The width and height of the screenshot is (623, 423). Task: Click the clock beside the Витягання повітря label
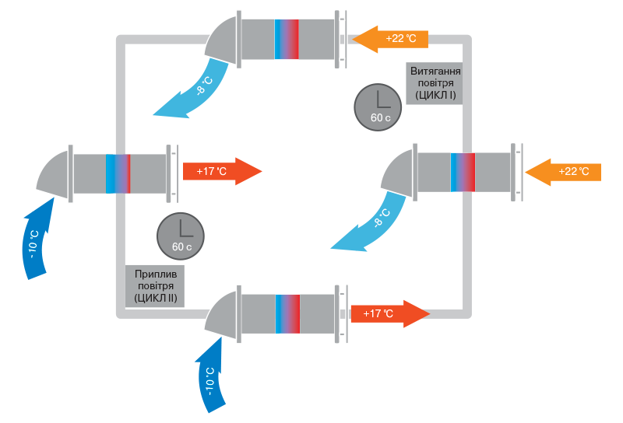(x=378, y=107)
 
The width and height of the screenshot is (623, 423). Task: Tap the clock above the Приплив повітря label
(x=181, y=236)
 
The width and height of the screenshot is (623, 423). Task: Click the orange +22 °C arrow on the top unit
(x=389, y=37)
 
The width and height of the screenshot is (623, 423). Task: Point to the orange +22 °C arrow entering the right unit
(x=562, y=170)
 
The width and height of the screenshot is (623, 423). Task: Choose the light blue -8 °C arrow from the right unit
(x=370, y=225)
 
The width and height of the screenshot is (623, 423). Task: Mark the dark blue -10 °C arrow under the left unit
(x=37, y=237)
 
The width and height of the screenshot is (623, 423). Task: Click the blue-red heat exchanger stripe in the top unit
(x=287, y=39)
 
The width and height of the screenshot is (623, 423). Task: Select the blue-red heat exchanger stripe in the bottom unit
(x=287, y=314)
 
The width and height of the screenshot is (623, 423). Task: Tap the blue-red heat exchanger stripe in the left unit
(x=118, y=173)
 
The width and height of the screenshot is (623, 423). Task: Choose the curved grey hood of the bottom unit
(x=223, y=314)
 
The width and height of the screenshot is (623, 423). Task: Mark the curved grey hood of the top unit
(x=224, y=39)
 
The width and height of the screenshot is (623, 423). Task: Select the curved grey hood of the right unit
(x=399, y=173)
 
